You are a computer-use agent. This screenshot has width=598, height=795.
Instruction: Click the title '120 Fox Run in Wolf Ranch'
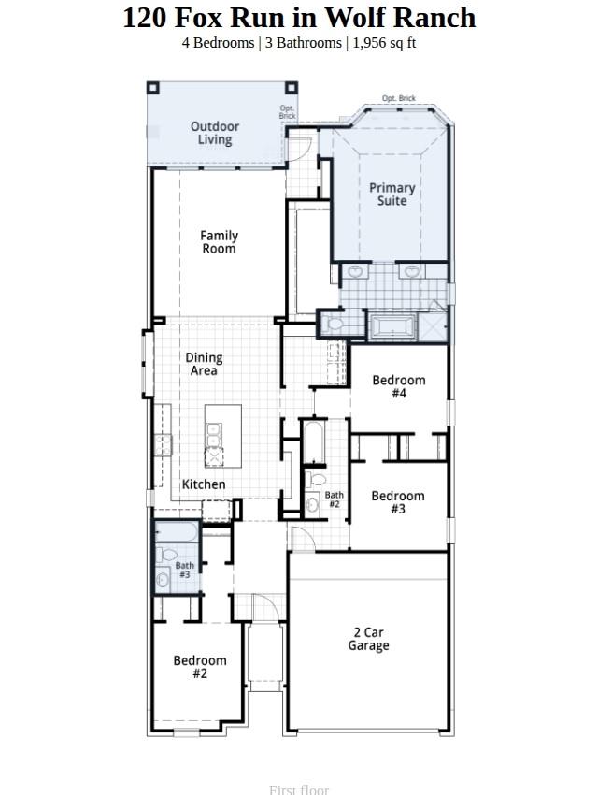click(299, 18)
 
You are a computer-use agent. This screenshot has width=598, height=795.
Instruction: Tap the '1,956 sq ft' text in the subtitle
click(384, 43)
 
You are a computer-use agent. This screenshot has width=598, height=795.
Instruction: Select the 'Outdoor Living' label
click(215, 133)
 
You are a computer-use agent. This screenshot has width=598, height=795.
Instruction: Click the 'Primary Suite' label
click(392, 195)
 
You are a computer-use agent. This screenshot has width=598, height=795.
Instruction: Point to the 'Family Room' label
click(219, 242)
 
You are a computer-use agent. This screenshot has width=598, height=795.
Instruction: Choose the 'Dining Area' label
click(204, 364)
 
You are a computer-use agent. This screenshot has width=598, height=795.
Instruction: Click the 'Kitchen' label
click(204, 484)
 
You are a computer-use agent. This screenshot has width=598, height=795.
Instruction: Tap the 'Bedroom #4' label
click(399, 386)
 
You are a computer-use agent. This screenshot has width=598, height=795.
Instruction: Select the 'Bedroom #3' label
click(398, 502)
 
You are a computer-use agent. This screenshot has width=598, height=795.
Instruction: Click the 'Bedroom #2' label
click(200, 667)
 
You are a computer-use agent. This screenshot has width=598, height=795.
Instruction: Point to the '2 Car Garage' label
click(368, 640)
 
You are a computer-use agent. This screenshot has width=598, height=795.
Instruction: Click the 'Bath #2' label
click(334, 499)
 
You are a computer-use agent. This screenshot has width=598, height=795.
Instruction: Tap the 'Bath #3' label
click(185, 570)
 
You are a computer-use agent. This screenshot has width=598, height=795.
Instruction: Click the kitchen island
click(223, 436)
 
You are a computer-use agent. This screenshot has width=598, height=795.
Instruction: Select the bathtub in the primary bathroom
click(392, 327)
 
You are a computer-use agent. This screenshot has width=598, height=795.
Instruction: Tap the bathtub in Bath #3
click(178, 534)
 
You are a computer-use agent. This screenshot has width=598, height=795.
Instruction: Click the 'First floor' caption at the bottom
click(299, 789)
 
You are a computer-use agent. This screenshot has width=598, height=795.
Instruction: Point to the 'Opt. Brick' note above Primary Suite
click(399, 98)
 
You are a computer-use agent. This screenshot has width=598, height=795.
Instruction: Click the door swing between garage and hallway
click(301, 540)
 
